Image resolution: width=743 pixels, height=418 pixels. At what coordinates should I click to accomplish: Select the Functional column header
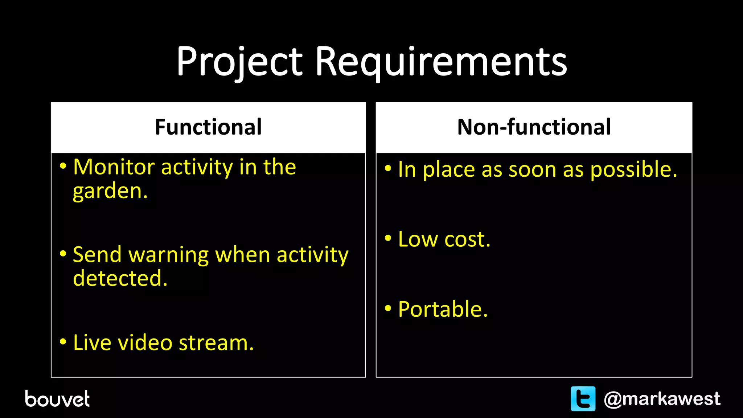208,127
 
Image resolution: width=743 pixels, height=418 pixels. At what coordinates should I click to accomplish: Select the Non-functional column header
534,127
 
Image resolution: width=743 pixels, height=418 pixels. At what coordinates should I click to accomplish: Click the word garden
110,191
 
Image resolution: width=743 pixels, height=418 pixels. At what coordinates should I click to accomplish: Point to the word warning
169,255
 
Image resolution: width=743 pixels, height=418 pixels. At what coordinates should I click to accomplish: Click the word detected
120,278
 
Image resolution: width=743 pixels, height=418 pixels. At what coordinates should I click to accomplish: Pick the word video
145,343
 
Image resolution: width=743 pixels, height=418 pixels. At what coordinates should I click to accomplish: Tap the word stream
216,343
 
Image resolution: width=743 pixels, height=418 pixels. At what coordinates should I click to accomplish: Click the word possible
633,170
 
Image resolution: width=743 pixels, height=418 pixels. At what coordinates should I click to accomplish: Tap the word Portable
443,309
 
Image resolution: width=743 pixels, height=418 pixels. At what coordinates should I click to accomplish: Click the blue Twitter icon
583,399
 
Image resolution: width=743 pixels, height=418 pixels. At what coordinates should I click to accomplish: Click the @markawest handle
662,399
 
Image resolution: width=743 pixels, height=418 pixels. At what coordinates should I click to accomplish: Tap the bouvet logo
57,399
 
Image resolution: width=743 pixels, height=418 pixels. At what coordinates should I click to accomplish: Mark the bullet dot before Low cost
388,238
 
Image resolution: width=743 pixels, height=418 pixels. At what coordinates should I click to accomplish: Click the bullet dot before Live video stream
63,342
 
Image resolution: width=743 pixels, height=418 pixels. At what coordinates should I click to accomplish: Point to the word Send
97,255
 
